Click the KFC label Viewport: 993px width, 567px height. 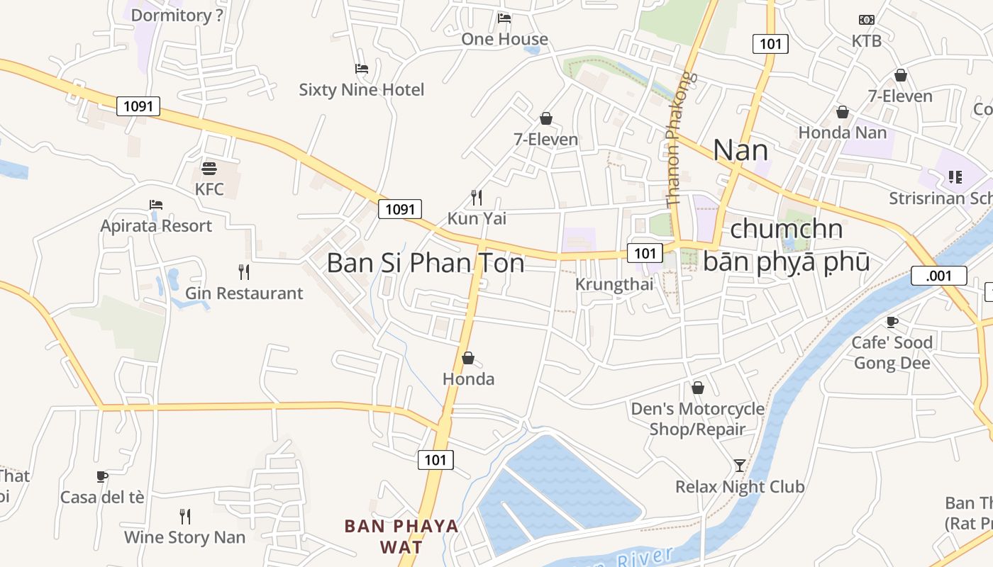click(x=209, y=189)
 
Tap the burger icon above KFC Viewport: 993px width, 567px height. click(x=209, y=168)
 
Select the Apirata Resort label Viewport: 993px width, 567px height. click(x=156, y=226)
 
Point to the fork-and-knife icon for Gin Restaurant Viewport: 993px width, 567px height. click(x=244, y=271)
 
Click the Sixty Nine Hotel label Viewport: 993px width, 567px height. click(x=362, y=90)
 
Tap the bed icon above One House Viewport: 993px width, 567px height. click(x=504, y=18)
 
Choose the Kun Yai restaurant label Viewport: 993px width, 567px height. click(x=477, y=218)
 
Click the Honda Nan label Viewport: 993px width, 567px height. click(x=843, y=133)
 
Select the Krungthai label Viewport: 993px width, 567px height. click(x=614, y=285)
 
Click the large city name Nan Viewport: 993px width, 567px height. click(x=740, y=150)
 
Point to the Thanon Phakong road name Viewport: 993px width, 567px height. click(x=677, y=139)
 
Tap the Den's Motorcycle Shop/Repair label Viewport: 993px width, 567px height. click(x=698, y=419)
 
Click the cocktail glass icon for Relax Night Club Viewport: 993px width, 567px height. click(x=740, y=466)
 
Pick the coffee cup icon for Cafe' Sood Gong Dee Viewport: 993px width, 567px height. click(x=892, y=322)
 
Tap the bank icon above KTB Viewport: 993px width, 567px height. click(x=867, y=20)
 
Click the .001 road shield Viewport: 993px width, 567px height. click(x=938, y=276)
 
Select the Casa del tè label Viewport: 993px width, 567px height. click(x=102, y=498)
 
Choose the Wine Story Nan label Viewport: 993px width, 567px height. click(x=184, y=537)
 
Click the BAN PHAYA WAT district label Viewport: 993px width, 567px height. click(x=401, y=537)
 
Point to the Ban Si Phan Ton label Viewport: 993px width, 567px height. click(x=426, y=263)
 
